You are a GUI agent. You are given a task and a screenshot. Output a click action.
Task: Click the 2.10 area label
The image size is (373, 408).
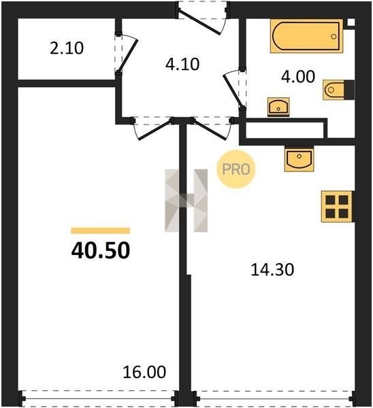tap(67, 48)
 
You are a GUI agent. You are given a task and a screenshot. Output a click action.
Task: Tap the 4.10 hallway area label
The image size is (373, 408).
tap(182, 65)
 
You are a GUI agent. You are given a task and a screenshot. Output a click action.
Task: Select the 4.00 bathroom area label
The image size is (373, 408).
tap(298, 77)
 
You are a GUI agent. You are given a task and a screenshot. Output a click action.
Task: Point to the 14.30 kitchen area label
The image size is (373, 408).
tap(272, 269)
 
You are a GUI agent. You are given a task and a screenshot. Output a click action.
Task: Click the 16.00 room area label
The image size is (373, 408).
tap(144, 372)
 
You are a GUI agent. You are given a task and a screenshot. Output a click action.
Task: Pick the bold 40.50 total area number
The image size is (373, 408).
tap(101, 250)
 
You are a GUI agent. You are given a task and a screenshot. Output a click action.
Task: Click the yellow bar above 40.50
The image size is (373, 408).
tap(101, 231)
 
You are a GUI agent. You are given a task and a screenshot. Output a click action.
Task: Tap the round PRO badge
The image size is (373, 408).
tap(236, 169)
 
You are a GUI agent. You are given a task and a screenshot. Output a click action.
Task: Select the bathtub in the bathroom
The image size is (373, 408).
tap(306, 36)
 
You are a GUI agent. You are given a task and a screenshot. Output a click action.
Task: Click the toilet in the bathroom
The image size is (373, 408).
tap(338, 90)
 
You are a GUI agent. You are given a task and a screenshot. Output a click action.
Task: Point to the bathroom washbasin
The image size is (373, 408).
tap(278, 107)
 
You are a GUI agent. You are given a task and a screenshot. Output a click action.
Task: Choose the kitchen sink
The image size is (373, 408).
tap(299, 158)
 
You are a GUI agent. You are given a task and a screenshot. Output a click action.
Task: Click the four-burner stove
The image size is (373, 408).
tap(337, 207)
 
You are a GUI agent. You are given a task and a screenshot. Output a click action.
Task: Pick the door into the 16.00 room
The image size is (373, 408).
tap(154, 130)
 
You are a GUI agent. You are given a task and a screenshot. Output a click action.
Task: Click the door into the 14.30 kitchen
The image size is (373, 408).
tap(212, 130)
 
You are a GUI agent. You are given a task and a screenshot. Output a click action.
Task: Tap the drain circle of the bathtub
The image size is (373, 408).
tap(334, 37)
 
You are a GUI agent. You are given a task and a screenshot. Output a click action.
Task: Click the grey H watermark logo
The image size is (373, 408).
tap(186, 201)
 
